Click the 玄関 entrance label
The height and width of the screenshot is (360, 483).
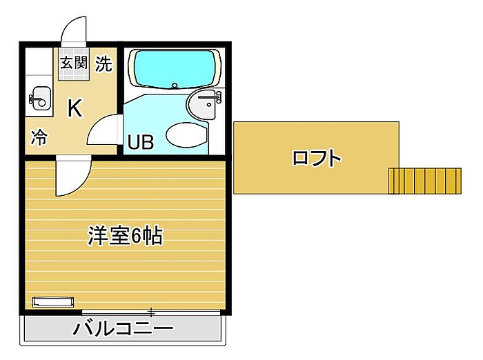click(x=74, y=63)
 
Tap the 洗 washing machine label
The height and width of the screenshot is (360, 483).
click(x=103, y=63)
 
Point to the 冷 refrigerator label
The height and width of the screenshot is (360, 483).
click(x=39, y=137)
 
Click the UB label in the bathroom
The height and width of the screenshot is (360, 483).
click(x=141, y=142)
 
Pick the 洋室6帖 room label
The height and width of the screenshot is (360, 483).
click(x=125, y=236)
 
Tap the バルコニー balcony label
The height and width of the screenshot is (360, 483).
click(x=123, y=328)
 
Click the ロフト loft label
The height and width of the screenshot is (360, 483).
click(x=317, y=158)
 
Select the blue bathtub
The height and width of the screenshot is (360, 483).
click(x=175, y=69)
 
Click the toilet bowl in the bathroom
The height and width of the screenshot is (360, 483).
click(x=186, y=134)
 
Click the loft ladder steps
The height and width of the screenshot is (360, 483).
click(x=425, y=181)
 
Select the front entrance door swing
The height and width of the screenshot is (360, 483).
click(x=74, y=31)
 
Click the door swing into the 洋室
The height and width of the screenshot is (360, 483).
click(x=73, y=176)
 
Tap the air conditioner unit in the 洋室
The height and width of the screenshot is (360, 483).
click(x=53, y=302)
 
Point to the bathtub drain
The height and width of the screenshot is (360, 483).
click(x=175, y=86)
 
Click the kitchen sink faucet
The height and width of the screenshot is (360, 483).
click(x=36, y=99)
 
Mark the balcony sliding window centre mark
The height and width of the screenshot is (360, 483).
click(x=151, y=312)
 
